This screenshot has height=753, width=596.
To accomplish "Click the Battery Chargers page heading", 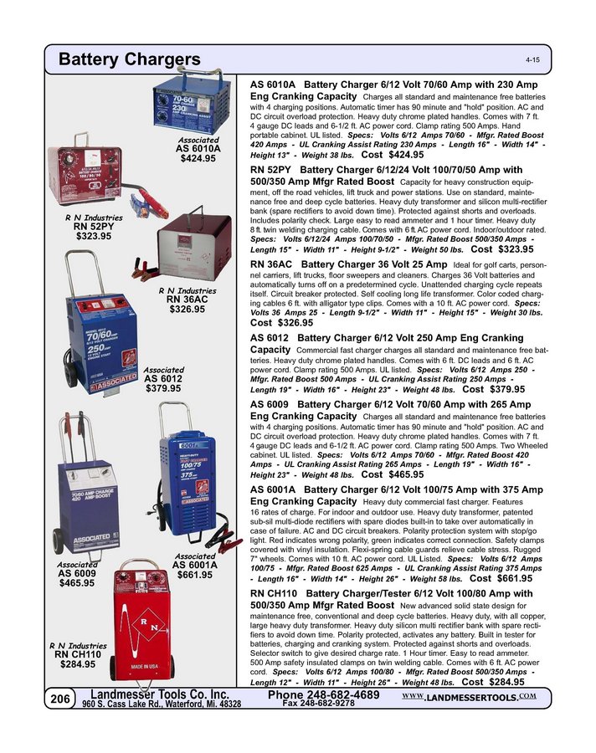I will click(x=130, y=59).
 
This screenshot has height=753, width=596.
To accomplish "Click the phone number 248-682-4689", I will click(x=324, y=694).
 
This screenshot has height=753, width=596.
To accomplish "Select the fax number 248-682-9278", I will click(x=318, y=704).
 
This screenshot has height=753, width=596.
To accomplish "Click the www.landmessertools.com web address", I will click(x=469, y=696).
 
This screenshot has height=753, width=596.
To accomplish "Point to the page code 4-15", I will click(x=532, y=62).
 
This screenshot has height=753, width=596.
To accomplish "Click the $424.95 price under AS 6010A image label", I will click(x=198, y=159).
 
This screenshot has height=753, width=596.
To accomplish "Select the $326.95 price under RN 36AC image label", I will click(x=187, y=310).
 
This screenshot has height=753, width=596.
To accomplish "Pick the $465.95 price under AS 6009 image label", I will click(x=76, y=583).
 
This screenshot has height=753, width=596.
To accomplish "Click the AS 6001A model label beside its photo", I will click(x=194, y=565).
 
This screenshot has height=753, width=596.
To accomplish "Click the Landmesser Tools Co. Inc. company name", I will click(x=159, y=694).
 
